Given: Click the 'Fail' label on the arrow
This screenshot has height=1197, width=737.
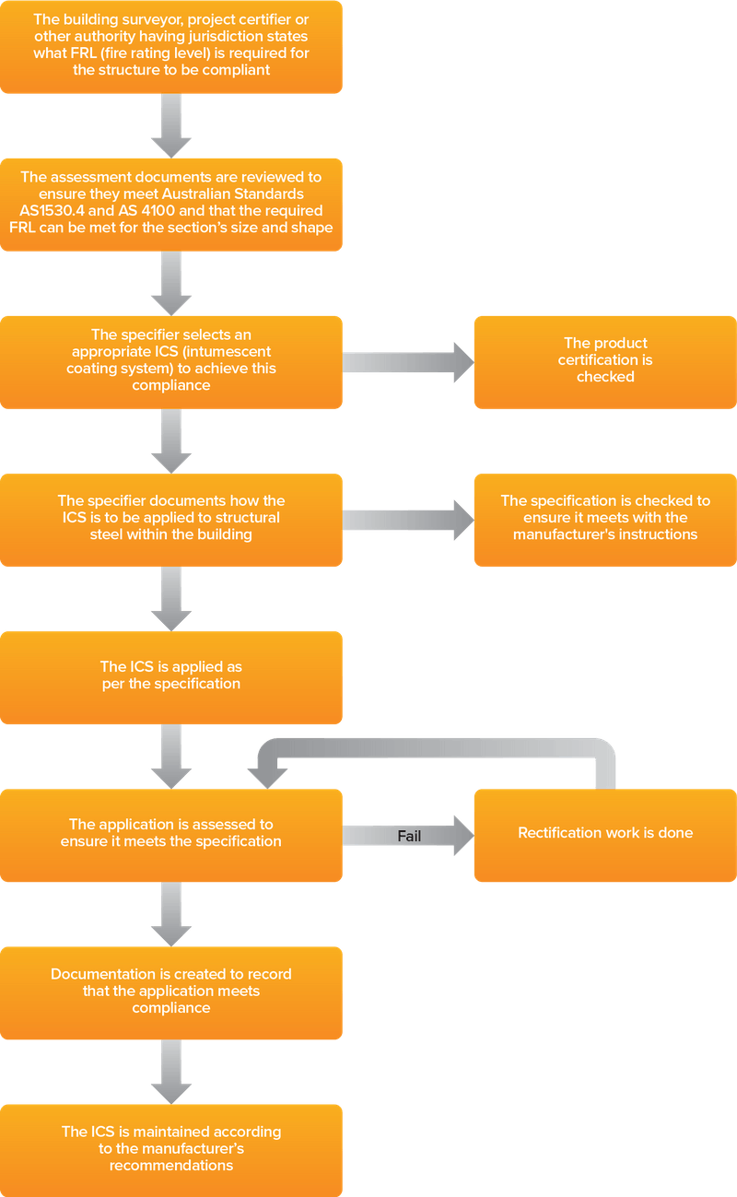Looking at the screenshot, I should [x=409, y=837].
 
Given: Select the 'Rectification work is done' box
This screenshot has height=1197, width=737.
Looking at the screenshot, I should [x=604, y=834].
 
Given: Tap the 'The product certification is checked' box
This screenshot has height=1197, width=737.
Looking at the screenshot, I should [x=604, y=360].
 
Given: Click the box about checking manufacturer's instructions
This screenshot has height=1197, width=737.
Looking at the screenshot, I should [x=604, y=518].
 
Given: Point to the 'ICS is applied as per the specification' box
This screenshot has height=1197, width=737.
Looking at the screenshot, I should [x=171, y=675].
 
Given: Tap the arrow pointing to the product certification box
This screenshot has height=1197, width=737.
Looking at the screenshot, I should [x=405, y=361].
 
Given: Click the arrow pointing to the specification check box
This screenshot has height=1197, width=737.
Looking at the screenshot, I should [x=405, y=519].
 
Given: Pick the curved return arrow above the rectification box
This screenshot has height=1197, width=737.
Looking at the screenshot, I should [x=442, y=748].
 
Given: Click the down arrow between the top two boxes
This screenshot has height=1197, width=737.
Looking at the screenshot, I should [x=171, y=125].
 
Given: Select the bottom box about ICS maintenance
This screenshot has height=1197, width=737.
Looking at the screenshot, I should [x=171, y=1148].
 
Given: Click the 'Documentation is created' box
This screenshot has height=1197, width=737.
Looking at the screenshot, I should [x=171, y=992].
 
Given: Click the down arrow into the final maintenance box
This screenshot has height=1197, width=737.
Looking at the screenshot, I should [x=171, y=1072].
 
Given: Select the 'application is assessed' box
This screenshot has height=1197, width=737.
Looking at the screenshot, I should [x=171, y=833].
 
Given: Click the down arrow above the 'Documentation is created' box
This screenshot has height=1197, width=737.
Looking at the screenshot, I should [x=171, y=913].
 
